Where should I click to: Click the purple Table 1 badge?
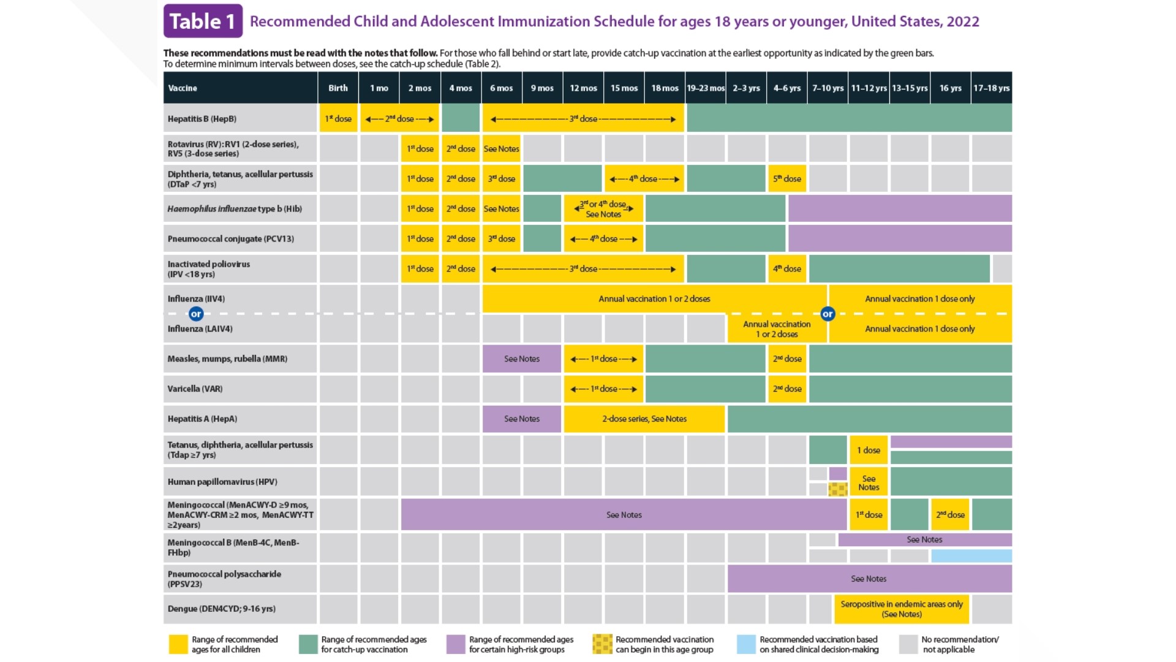click(203, 21)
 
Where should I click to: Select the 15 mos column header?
click(624, 88)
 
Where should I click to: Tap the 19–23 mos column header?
click(706, 88)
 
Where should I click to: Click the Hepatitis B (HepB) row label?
click(202, 119)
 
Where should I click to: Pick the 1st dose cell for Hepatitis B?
click(338, 118)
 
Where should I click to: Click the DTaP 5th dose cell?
click(787, 179)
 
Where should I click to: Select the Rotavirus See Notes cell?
click(501, 149)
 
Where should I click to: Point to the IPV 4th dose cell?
click(787, 268)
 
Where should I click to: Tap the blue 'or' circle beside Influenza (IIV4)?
click(196, 314)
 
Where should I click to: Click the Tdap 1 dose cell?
click(869, 450)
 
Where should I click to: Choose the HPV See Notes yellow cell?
click(869, 482)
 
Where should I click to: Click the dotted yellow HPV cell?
click(837, 489)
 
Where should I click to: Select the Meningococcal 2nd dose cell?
click(950, 515)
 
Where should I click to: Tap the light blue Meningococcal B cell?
click(971, 556)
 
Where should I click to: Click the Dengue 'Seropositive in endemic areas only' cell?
click(901, 609)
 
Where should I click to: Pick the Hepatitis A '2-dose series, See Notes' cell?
click(644, 419)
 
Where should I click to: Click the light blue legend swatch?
click(746, 644)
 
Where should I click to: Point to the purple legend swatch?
click(456, 644)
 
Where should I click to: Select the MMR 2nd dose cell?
click(787, 359)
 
